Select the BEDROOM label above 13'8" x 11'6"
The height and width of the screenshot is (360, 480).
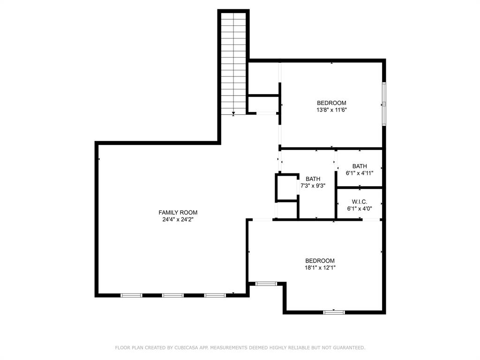[331, 103]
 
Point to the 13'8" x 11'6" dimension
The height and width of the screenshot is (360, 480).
[331, 110]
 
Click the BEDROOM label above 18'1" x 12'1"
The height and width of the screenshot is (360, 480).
[320, 261]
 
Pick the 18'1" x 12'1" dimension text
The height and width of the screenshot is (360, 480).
[320, 268]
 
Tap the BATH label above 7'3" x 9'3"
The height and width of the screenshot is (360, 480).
[313, 179]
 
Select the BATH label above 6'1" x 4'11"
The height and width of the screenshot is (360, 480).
[360, 166]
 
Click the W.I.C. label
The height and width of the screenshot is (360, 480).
[360, 202]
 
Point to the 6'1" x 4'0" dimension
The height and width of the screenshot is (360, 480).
[360, 209]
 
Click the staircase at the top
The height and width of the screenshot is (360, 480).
[233, 61]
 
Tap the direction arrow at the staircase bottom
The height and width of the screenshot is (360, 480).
[233, 113]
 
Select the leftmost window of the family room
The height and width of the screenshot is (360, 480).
[131, 295]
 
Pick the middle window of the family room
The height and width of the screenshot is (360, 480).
[172, 295]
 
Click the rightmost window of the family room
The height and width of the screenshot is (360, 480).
[215, 295]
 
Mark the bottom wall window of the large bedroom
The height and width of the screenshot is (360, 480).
[334, 312]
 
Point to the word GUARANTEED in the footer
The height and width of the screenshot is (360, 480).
[348, 348]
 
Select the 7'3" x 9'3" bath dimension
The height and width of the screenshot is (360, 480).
[313, 186]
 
